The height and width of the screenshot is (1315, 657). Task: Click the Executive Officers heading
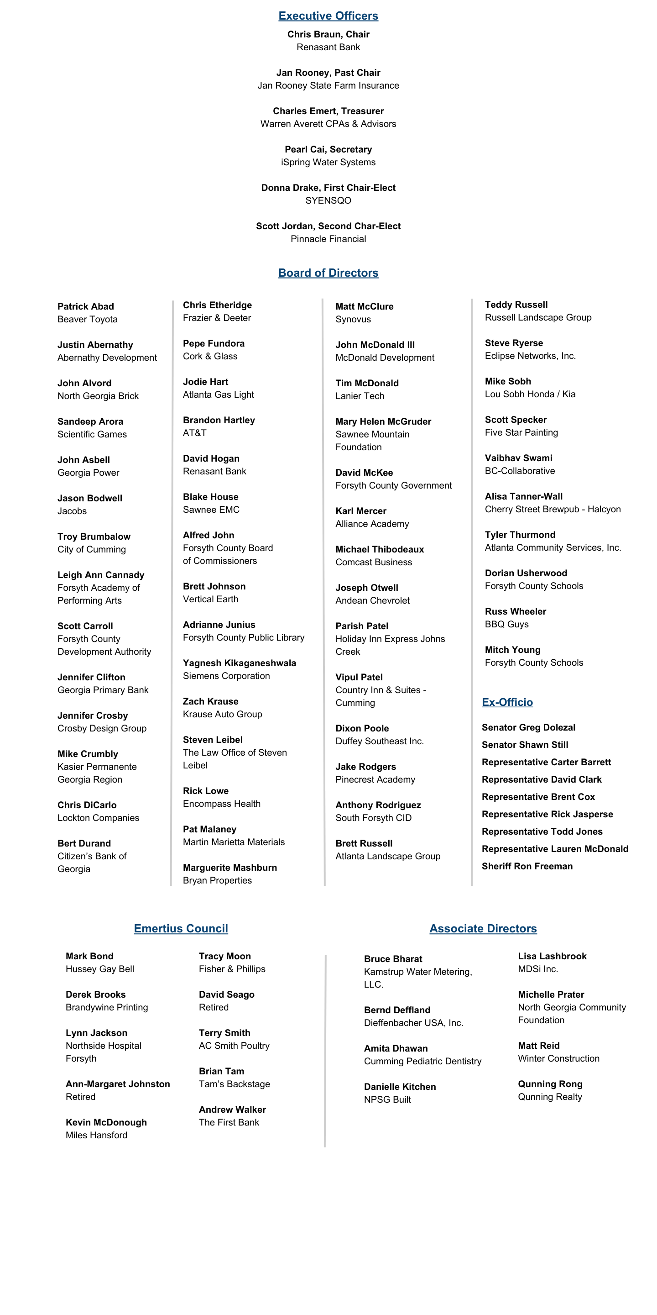coord(328,16)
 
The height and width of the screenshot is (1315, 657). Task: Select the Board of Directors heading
coord(328,273)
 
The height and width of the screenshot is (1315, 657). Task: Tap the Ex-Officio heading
coord(507,702)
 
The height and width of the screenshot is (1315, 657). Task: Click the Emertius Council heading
coord(181,928)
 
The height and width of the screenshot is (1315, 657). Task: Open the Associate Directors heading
coord(483,928)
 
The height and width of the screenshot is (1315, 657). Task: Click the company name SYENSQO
coord(328,200)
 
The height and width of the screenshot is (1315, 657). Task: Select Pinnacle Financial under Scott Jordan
coord(328,238)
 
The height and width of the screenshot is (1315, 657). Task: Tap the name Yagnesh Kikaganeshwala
coord(239,663)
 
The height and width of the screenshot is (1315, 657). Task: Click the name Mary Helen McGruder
coord(383,421)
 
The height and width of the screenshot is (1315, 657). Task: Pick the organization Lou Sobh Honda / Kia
coord(530,394)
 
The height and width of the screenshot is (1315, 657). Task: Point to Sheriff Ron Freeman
coord(527,866)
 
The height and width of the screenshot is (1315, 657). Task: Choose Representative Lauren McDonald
coord(554,848)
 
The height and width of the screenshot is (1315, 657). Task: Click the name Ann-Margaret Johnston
coord(117,1084)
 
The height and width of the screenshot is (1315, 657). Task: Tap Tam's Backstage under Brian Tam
coord(234,1084)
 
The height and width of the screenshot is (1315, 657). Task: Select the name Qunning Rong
coord(550,1084)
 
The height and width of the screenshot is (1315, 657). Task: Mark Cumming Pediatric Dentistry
coord(422,1061)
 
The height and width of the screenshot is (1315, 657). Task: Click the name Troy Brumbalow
coord(94,536)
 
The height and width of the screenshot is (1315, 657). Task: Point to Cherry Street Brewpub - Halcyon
coord(553,509)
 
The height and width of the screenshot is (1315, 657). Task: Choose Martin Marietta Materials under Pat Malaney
coord(234,842)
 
